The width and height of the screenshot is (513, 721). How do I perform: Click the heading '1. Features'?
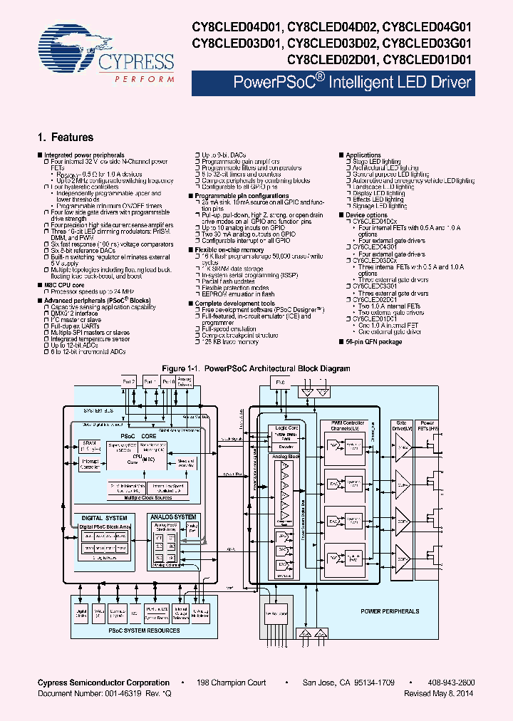coord(65,138)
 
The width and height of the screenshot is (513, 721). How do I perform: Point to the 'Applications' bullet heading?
coord(363,155)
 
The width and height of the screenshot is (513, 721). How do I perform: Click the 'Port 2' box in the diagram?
coord(129,382)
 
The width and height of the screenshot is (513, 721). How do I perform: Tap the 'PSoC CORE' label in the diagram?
coord(138,435)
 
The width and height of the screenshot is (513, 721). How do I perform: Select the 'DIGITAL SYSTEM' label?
coord(104,518)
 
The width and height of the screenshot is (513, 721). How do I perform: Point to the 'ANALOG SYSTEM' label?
coord(172,518)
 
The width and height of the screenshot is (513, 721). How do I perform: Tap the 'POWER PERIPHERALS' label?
coord(389,611)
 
